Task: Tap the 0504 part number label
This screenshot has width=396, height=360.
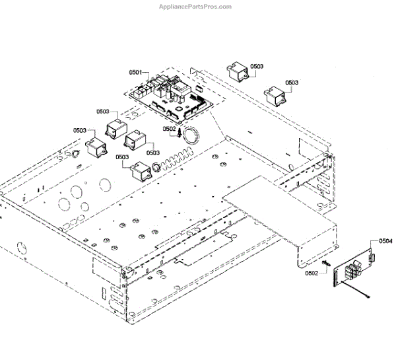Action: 385,241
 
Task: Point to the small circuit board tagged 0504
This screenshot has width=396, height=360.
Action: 351,271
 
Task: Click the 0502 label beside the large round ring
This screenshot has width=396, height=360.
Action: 170,129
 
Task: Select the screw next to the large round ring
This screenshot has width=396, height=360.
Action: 180,133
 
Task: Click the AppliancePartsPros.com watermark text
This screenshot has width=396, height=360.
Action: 195,7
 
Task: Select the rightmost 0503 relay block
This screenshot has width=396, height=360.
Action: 275,96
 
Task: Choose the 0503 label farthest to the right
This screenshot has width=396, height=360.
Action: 292,83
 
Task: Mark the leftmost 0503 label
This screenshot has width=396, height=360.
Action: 80,130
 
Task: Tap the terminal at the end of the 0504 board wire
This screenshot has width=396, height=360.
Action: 365,299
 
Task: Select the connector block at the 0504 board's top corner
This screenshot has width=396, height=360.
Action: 372,258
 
